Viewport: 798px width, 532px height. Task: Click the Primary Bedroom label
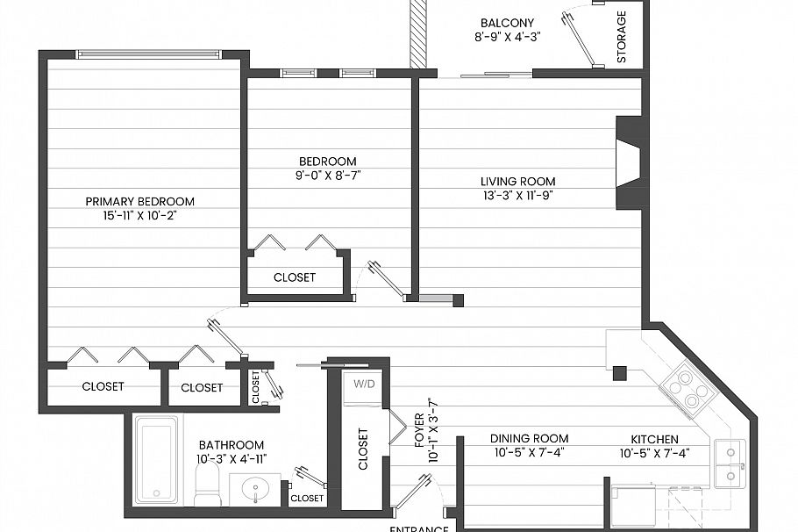pos(139,201)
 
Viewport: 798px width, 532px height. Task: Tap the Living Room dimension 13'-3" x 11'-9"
pos(517,195)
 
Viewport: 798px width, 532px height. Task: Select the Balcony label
pos(508,23)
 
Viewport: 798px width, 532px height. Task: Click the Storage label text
pos(622,37)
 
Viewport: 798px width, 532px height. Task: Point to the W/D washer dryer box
pos(363,384)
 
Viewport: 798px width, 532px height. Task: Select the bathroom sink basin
pos(255,489)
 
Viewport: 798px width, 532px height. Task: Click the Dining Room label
pos(528,438)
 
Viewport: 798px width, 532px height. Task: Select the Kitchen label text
pos(654,438)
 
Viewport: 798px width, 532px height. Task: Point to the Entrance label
pos(419,528)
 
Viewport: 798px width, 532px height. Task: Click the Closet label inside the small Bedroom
pos(294,277)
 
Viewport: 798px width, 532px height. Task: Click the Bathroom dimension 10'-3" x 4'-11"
pos(231,457)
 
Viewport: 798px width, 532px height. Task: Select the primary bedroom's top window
pos(148,54)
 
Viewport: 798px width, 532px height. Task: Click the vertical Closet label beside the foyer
pos(363,449)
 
